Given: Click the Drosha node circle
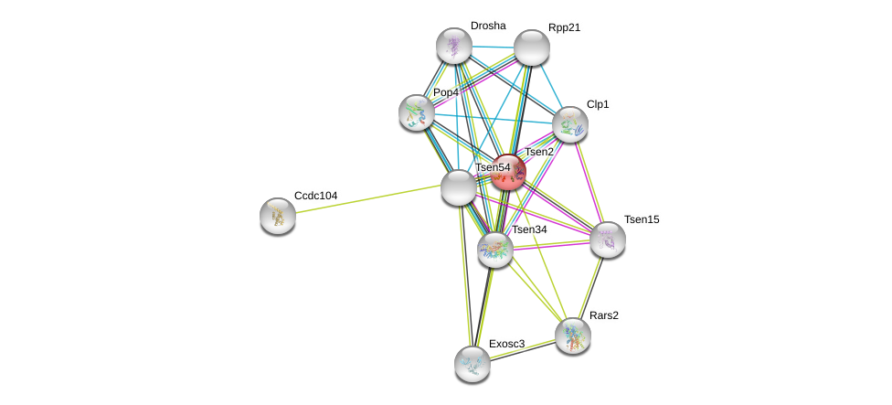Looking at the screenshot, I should pyautogui.click(x=453, y=46).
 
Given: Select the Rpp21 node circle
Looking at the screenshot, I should pyautogui.click(x=531, y=48).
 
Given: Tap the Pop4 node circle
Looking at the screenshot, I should pyautogui.click(x=417, y=112).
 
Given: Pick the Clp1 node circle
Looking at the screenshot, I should pyautogui.click(x=569, y=124).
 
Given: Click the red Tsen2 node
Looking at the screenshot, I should pyautogui.click(x=508, y=172).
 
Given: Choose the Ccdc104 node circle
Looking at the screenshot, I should pyautogui.click(x=278, y=216).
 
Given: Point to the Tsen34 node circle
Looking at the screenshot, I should pyautogui.click(x=495, y=250).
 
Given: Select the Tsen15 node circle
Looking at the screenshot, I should pyautogui.click(x=607, y=240).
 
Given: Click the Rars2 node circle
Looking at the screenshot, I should pyautogui.click(x=573, y=336).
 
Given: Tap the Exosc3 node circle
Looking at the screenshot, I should pyautogui.click(x=473, y=363).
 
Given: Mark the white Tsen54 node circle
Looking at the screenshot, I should pyautogui.click(x=458, y=187).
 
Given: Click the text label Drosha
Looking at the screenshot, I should pyautogui.click(x=488, y=26).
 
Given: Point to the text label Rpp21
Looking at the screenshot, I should pyautogui.click(x=564, y=27).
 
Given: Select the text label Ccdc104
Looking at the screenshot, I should pyautogui.click(x=315, y=196).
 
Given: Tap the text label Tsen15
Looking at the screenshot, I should pyautogui.click(x=642, y=219).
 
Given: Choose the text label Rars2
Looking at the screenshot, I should pyautogui.click(x=603, y=315).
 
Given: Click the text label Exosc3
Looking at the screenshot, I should pyautogui.click(x=506, y=344).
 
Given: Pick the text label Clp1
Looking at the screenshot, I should pyautogui.click(x=598, y=104).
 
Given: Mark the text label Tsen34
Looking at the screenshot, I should pyautogui.click(x=528, y=229).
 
